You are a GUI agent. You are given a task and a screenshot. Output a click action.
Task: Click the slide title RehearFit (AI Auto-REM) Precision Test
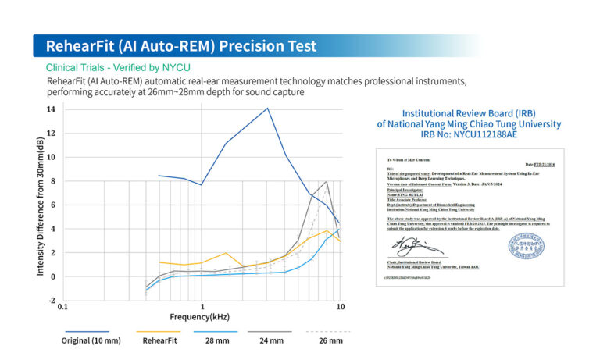click(x=181, y=45)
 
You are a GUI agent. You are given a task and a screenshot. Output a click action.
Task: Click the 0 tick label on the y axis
click(x=52, y=276)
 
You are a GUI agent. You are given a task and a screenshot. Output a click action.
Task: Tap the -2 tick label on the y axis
click(x=50, y=301)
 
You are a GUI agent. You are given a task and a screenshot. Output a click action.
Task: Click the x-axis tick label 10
click(x=340, y=308)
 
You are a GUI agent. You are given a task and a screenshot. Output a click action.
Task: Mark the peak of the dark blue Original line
click(x=267, y=109)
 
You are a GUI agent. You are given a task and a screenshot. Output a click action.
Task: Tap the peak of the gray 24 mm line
click(x=326, y=182)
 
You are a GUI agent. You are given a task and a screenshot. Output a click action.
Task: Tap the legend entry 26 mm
click(x=330, y=341)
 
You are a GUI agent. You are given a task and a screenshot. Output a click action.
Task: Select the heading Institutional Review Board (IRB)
click(x=469, y=112)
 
